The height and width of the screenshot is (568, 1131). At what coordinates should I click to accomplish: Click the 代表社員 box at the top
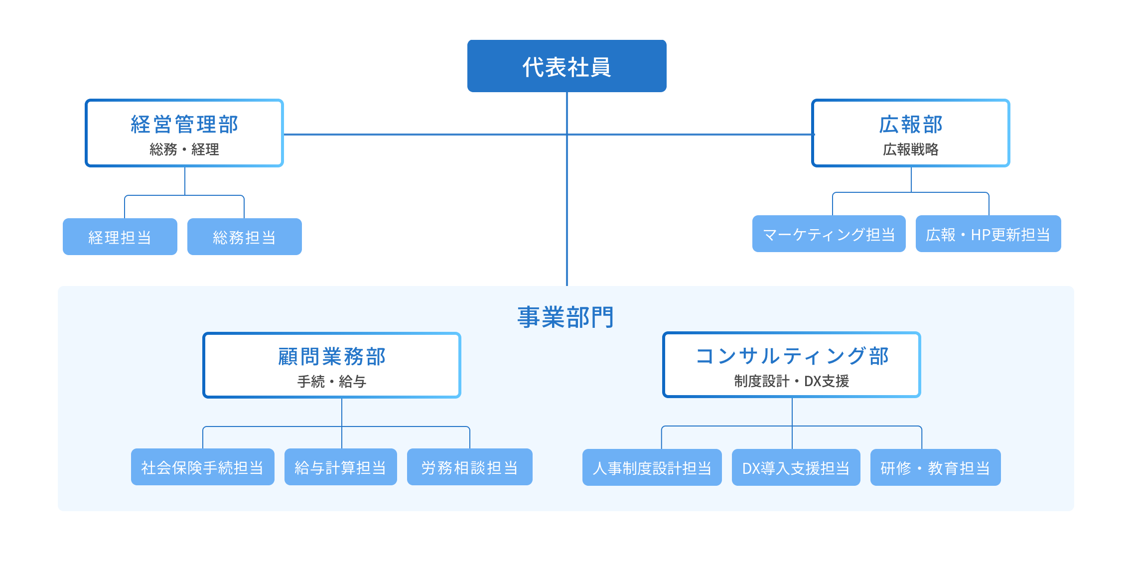pyautogui.click(x=566, y=66)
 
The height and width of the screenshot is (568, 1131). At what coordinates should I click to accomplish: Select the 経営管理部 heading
pyautogui.click(x=184, y=125)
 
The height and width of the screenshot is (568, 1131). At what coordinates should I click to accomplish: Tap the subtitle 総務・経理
pyautogui.click(x=184, y=149)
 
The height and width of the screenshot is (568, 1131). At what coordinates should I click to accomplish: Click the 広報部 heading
pyautogui.click(x=910, y=125)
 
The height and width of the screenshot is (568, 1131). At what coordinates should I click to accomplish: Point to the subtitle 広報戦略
pyautogui.click(x=910, y=149)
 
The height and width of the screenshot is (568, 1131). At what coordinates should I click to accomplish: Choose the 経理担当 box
pyautogui.click(x=120, y=237)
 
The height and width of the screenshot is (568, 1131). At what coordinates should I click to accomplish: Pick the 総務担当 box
pyautogui.click(x=244, y=237)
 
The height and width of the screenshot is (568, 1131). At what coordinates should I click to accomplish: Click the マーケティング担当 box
pyautogui.click(x=829, y=234)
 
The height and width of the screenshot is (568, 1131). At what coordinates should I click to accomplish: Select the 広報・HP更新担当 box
pyautogui.click(x=988, y=234)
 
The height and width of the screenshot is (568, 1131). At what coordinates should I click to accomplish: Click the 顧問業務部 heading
pyautogui.click(x=332, y=357)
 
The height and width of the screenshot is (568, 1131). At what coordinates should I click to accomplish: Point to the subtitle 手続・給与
pyautogui.click(x=332, y=382)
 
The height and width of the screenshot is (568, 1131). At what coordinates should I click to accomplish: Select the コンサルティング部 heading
pyautogui.click(x=792, y=356)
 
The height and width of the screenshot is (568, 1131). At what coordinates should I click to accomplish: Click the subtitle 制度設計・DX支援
pyautogui.click(x=792, y=381)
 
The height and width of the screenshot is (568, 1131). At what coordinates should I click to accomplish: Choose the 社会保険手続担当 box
pyautogui.click(x=202, y=467)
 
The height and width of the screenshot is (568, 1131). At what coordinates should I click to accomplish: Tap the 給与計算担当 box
pyautogui.click(x=340, y=467)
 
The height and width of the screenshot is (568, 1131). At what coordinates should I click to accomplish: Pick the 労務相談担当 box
pyautogui.click(x=469, y=467)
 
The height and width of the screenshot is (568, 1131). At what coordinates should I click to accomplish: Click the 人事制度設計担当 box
pyautogui.click(x=652, y=468)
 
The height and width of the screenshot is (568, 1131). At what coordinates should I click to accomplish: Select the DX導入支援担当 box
pyautogui.click(x=796, y=468)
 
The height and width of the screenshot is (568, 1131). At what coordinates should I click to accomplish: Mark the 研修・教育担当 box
pyautogui.click(x=935, y=468)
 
